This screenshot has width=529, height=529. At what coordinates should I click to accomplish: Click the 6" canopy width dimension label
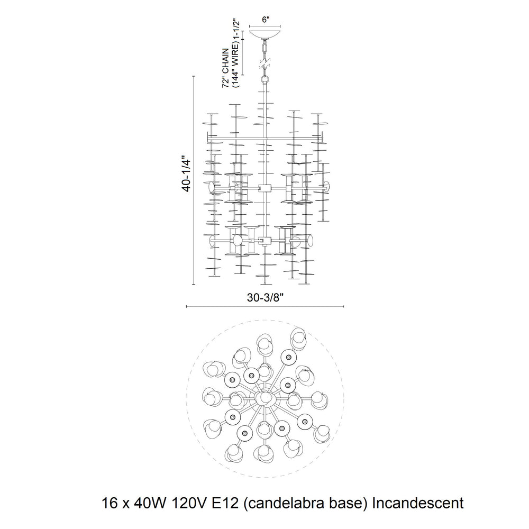(x=266, y=20)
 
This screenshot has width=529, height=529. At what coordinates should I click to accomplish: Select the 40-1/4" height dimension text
(x=187, y=174)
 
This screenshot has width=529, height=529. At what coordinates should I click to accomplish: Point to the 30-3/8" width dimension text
(x=265, y=297)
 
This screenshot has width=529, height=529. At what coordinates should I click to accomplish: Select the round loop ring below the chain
(x=265, y=80)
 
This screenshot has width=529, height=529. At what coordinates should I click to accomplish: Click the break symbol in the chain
(x=265, y=63)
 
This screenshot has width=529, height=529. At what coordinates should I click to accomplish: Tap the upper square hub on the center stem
(x=265, y=188)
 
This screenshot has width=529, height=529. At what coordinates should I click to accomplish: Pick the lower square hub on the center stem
(x=265, y=241)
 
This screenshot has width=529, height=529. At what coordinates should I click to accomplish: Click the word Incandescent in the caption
(x=418, y=504)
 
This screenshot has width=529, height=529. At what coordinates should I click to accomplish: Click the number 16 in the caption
(x=109, y=504)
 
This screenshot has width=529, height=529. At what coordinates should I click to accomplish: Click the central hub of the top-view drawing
(x=265, y=398)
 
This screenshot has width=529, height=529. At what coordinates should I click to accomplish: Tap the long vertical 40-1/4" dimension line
(x=194, y=180)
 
